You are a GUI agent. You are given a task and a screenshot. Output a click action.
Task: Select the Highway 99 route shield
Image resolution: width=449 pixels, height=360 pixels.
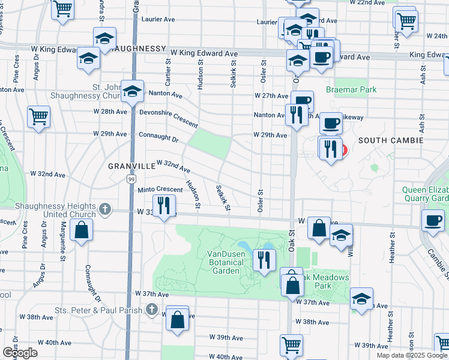[x=131, y=179]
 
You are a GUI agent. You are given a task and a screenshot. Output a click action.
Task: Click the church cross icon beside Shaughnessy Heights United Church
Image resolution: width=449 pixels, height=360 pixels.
[x=104, y=209]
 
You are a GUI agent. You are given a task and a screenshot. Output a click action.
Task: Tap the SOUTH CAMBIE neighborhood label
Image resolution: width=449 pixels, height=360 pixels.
[x=390, y=140]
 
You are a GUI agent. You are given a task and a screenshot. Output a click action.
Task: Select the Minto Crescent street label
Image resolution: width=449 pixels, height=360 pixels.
[x=160, y=189]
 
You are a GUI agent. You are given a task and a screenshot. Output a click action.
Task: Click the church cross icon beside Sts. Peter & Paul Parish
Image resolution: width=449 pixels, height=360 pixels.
[x=152, y=310]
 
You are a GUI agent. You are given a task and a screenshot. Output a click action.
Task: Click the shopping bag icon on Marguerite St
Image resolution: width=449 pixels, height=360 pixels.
[x=81, y=229]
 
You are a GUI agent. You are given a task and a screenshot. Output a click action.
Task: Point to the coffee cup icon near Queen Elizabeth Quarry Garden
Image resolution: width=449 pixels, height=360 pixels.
[x=432, y=220]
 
